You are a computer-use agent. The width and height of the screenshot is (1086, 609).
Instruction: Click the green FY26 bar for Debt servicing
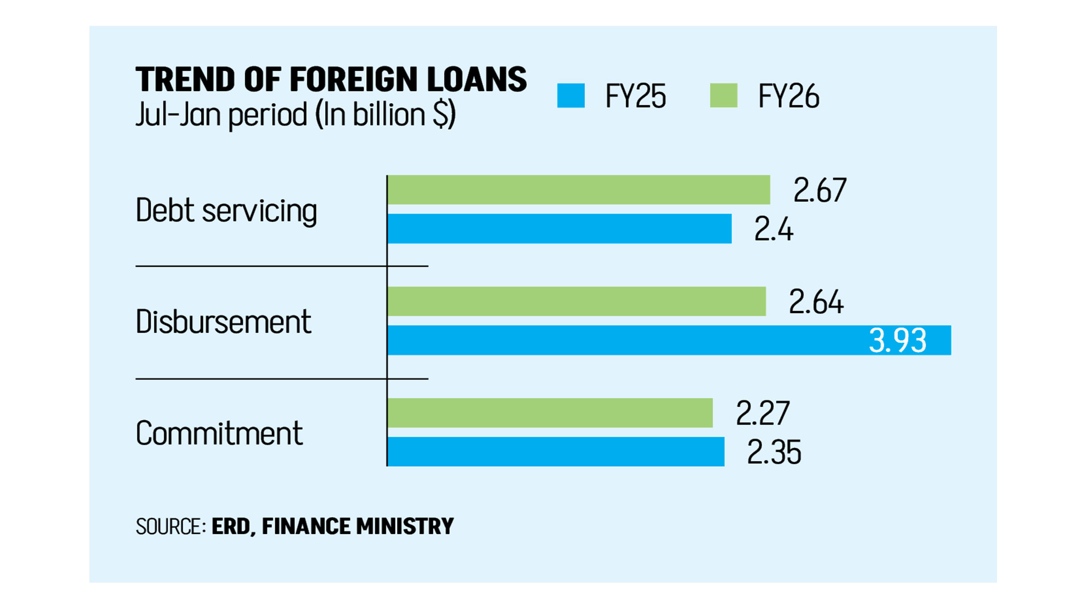click(578, 190)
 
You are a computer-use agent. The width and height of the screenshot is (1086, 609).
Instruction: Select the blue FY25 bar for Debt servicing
click(559, 229)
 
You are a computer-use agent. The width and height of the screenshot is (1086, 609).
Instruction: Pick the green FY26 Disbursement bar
click(576, 301)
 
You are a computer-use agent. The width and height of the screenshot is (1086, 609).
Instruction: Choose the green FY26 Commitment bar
click(550, 413)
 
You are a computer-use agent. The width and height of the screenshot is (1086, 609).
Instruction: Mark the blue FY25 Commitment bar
click(555, 452)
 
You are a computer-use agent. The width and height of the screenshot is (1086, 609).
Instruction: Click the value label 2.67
click(820, 190)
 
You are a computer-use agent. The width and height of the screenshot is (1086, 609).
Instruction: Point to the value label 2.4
click(774, 229)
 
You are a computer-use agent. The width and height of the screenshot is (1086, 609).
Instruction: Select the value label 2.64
click(816, 302)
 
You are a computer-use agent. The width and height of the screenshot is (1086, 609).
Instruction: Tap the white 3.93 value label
click(898, 341)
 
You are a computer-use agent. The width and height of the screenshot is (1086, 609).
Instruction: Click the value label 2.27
click(763, 414)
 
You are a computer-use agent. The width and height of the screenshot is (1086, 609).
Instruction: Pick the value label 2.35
click(774, 452)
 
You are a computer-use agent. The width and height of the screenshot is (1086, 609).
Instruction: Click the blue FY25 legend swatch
click(571, 96)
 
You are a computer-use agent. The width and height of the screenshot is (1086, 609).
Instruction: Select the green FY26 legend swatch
click(723, 96)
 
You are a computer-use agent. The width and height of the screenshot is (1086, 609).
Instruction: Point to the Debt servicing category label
click(226, 211)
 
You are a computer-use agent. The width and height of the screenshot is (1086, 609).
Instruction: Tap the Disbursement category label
click(223, 322)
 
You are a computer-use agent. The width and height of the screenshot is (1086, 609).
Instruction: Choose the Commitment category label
click(219, 433)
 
